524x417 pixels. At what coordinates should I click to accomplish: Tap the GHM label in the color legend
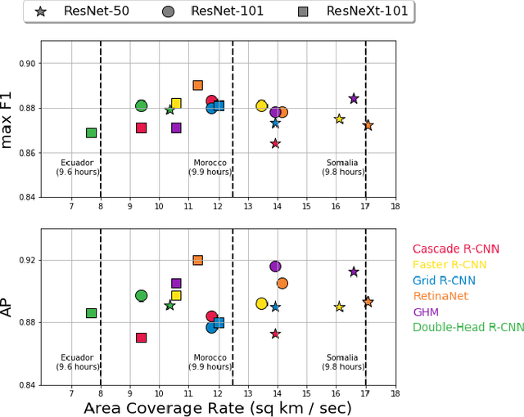click(426, 312)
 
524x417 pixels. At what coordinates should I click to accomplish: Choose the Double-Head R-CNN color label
click(468, 327)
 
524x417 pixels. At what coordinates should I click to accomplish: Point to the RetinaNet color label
click(440, 296)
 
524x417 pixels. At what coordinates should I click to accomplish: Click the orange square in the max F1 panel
click(197, 85)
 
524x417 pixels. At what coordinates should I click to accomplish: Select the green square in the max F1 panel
click(91, 132)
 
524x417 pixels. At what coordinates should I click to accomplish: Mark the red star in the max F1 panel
click(275, 143)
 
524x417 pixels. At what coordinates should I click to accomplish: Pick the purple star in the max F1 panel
click(354, 98)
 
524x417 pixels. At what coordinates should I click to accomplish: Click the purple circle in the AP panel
click(275, 267)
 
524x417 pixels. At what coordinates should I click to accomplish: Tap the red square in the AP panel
click(141, 337)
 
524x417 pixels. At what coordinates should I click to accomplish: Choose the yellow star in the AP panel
click(339, 307)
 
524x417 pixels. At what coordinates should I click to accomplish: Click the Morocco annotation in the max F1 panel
click(210, 168)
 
